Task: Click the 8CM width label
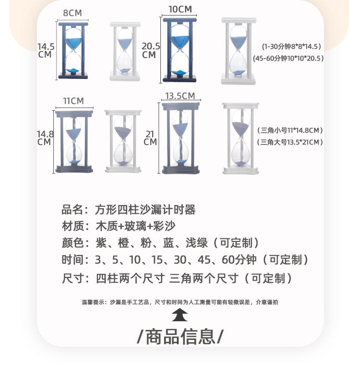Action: click(x=72, y=13)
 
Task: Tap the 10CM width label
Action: click(x=180, y=10)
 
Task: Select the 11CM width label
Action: click(x=73, y=101)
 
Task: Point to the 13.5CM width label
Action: click(x=180, y=96)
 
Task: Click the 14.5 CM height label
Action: click(x=46, y=50)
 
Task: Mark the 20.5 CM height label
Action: click(x=151, y=50)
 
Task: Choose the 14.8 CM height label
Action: click(x=45, y=138)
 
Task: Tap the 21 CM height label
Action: click(x=150, y=138)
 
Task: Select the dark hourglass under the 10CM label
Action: click(x=180, y=50)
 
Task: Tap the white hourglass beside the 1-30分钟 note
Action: click(x=238, y=51)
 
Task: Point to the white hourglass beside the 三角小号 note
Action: click(x=241, y=139)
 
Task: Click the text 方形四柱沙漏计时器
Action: click(x=145, y=210)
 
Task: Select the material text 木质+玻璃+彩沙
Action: click(x=135, y=226)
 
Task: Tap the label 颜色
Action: click(x=73, y=243)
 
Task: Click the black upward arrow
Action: click(x=180, y=315)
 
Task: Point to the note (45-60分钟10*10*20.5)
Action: click(x=288, y=58)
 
